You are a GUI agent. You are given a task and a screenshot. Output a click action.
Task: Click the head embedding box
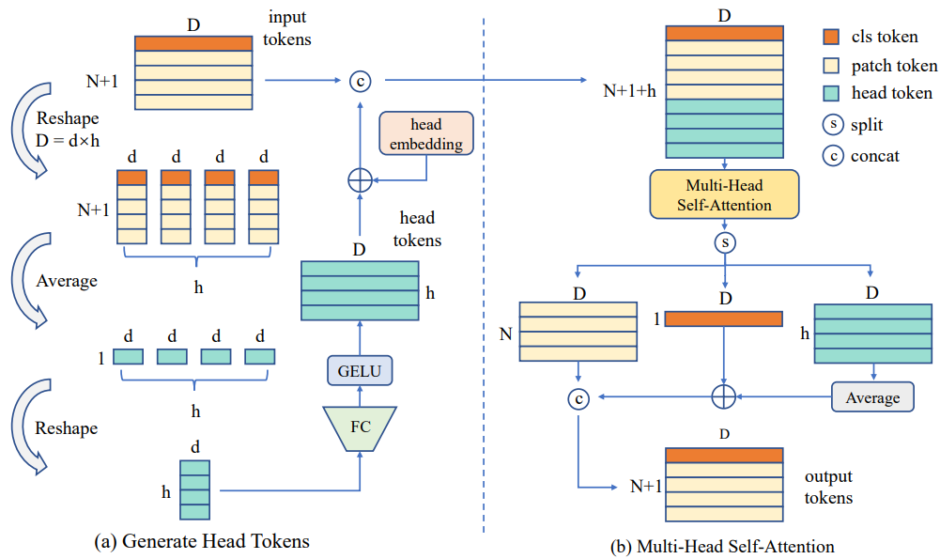click(x=426, y=133)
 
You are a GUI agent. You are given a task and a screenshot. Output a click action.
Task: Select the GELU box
click(x=360, y=371)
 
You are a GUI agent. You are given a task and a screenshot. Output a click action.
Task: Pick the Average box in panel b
click(x=872, y=397)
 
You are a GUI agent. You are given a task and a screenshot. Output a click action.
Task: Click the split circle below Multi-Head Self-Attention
click(x=724, y=242)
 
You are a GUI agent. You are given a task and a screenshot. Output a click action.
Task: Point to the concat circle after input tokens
click(x=360, y=81)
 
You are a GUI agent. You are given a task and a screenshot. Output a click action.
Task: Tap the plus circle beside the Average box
click(x=723, y=397)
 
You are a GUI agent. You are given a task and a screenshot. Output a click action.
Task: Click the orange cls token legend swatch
click(x=831, y=39)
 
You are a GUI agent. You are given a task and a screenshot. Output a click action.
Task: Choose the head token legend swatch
click(x=831, y=93)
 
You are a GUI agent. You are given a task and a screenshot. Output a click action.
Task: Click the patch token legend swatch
click(x=831, y=66)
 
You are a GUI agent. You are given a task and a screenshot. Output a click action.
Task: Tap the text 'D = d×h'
click(x=68, y=140)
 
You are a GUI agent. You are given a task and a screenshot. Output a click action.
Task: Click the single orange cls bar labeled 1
click(x=724, y=318)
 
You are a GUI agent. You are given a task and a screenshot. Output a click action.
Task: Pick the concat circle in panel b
click(x=579, y=398)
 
